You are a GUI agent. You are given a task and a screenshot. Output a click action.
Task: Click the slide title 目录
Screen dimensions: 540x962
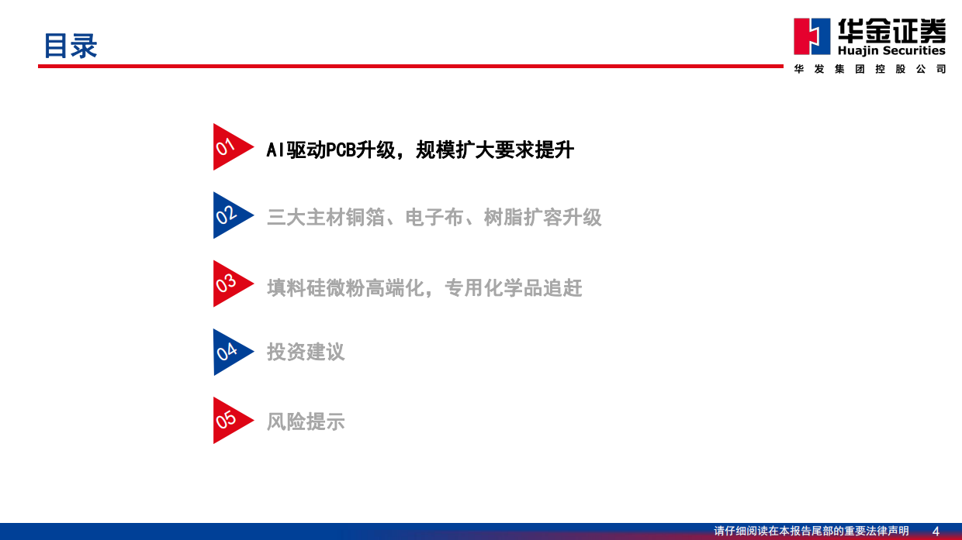click(x=70, y=46)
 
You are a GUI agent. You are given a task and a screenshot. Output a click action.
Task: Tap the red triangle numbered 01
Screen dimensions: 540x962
click(x=229, y=147)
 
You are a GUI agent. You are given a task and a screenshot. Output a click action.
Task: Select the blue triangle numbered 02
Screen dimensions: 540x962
click(x=229, y=215)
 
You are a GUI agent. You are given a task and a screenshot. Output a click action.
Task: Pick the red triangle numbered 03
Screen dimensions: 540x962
click(x=229, y=284)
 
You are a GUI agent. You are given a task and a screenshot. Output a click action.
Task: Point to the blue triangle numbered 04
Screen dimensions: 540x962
click(x=229, y=352)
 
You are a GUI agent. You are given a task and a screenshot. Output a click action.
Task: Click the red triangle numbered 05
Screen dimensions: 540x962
click(x=229, y=421)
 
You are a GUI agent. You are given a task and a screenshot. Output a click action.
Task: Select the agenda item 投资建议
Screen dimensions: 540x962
click(x=306, y=353)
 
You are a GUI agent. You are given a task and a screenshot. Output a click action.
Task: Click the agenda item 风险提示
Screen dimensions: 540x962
click(x=306, y=422)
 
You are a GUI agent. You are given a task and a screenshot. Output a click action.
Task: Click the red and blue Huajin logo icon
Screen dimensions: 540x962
click(x=811, y=36)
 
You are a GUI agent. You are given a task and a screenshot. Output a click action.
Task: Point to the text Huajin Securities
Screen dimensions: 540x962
click(x=891, y=50)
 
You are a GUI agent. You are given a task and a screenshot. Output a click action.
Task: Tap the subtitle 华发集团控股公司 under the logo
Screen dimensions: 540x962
click(x=870, y=69)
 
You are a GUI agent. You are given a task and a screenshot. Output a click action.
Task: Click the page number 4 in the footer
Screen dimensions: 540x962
click(x=936, y=531)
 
